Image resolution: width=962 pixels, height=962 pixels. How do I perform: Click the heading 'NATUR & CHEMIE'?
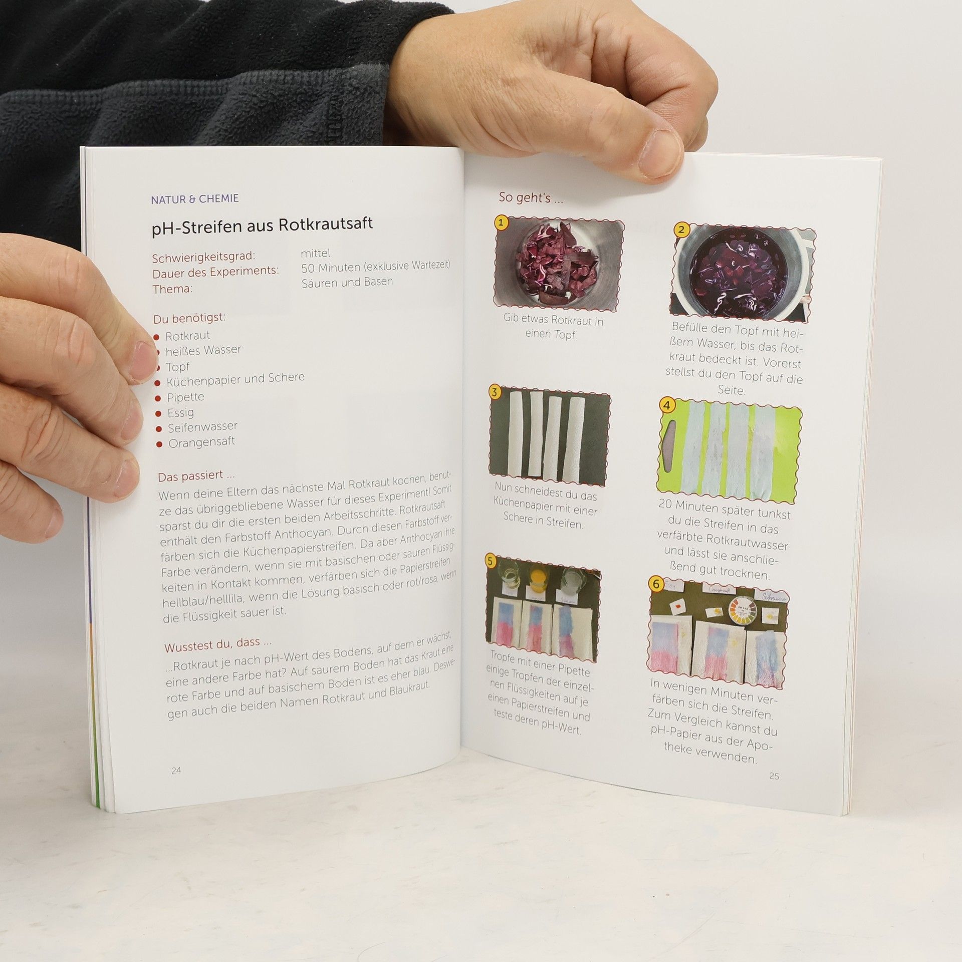click(x=195, y=199)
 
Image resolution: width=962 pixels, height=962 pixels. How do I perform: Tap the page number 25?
click(x=774, y=776)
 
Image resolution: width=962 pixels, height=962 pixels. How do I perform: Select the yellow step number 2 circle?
click(x=680, y=230)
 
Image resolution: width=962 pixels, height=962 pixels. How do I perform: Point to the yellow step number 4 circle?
click(x=666, y=405)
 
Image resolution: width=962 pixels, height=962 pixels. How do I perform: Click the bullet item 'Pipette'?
click(x=185, y=397)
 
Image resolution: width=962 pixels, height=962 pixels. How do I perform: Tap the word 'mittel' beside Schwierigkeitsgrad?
click(x=315, y=253)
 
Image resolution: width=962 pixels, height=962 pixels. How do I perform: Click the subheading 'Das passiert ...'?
click(x=196, y=475)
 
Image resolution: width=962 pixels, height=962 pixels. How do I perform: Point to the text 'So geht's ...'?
click(x=531, y=198)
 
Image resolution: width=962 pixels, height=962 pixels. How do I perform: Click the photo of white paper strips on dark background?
click(x=550, y=435)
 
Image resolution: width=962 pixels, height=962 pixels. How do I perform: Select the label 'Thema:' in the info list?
click(x=172, y=289)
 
